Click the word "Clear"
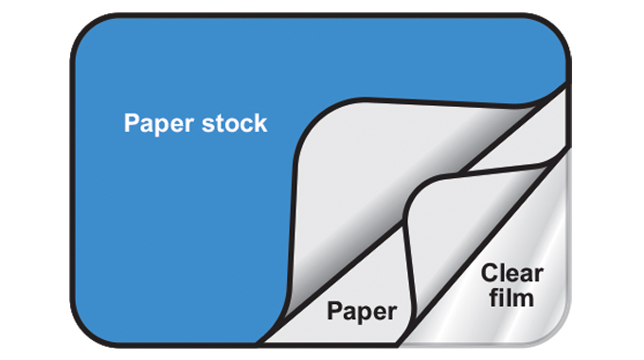click(511, 274)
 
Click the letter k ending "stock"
click(260, 123)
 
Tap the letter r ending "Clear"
click(538, 275)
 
